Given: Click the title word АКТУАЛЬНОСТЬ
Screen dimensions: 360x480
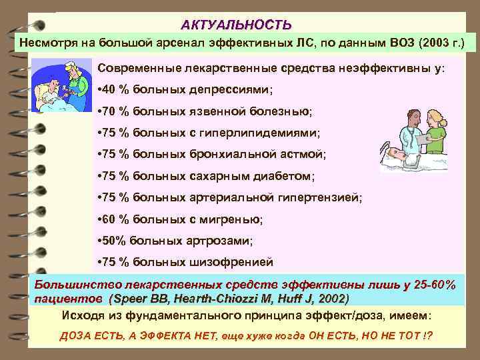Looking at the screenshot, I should click(x=236, y=25).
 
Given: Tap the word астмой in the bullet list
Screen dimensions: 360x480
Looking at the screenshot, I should click(x=305, y=154).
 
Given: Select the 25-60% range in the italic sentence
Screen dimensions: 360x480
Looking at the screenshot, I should click(x=431, y=285).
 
